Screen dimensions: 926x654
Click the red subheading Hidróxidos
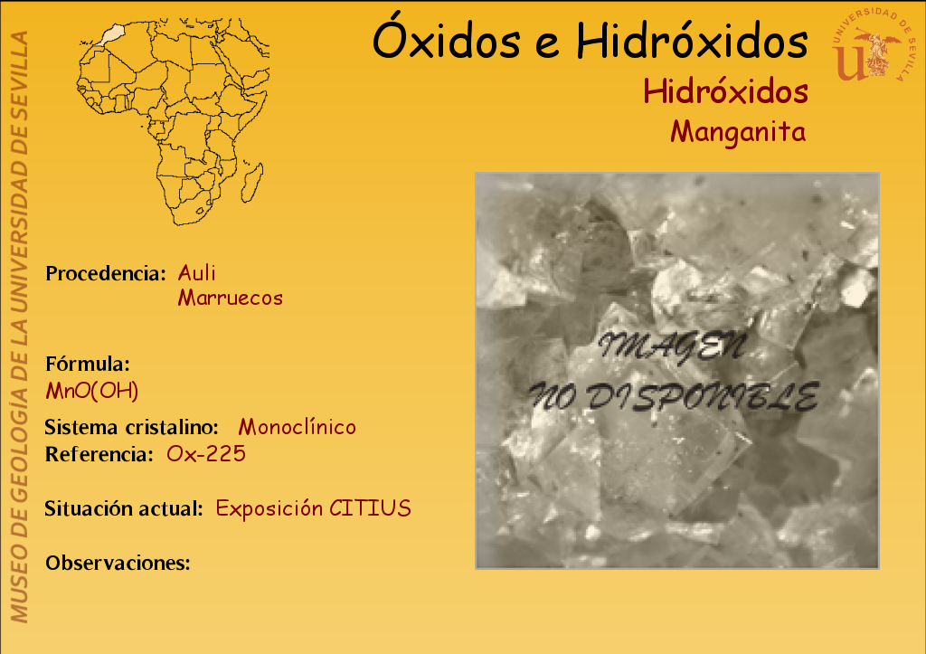coord(725,91)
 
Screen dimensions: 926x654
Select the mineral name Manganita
coord(738,132)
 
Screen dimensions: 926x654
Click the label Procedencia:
coord(106,273)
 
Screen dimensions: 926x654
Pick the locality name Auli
coord(196,273)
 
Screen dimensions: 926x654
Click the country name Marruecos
coord(231,298)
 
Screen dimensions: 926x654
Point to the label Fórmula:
coord(88,364)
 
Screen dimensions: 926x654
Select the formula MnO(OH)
coord(92,391)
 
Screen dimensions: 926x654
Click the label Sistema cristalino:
coord(132,427)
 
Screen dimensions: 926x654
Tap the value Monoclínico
coord(297,427)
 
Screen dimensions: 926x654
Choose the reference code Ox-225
coord(206,454)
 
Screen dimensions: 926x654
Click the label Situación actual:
coord(124,508)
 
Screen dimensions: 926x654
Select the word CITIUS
coord(370,508)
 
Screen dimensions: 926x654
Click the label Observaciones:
coord(118,563)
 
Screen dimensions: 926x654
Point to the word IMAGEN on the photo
coord(673,347)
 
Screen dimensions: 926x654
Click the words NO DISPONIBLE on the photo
coord(673,396)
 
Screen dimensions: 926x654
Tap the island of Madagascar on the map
coord(253,182)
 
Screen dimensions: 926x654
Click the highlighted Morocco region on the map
coord(112,33)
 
